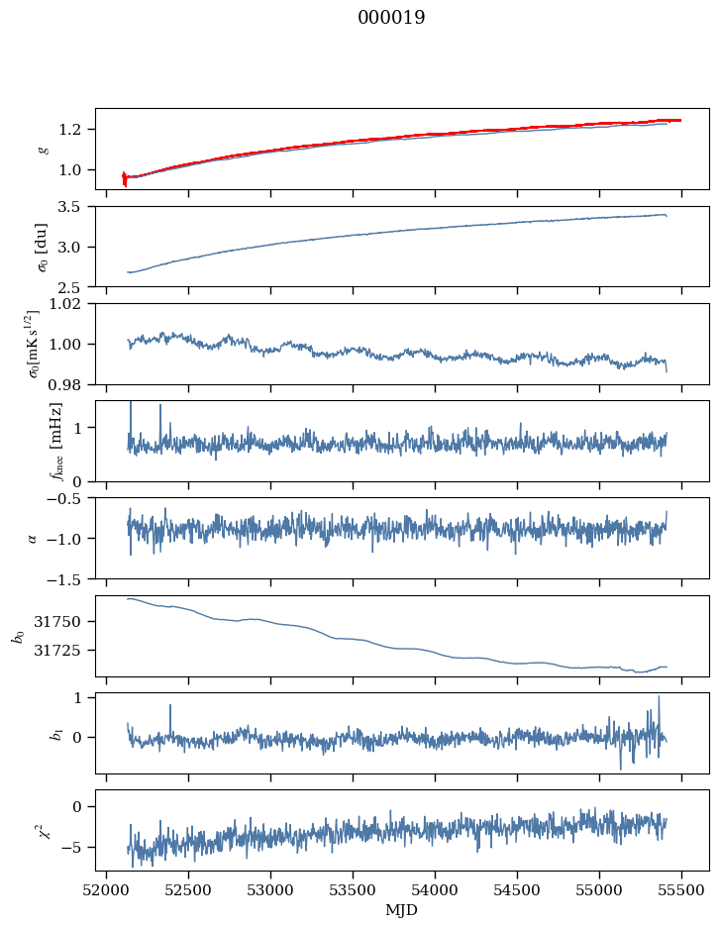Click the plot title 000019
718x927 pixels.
(391, 17)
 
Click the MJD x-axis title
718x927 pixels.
(401, 909)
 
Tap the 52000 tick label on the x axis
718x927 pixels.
(106, 891)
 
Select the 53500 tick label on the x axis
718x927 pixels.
(353, 891)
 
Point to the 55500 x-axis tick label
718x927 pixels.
(681, 891)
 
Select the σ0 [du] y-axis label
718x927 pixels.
(42, 247)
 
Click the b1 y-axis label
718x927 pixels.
(57, 734)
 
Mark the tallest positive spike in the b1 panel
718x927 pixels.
(659, 697)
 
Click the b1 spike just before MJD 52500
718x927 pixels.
(170, 705)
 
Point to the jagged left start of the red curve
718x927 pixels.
(124, 178)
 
